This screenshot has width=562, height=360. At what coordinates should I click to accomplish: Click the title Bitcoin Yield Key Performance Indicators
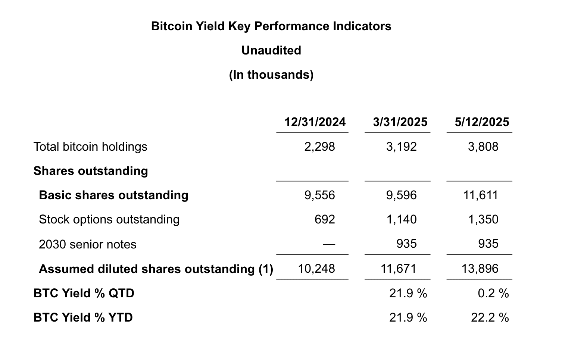point(271,26)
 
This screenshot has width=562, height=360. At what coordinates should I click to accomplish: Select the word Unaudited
point(271,50)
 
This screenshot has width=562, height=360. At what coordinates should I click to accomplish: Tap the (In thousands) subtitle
point(271,75)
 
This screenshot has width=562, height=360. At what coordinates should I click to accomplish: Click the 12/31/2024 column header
point(315,122)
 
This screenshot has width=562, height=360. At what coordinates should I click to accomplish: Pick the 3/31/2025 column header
point(400,122)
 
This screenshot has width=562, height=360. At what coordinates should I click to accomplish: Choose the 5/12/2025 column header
point(482,122)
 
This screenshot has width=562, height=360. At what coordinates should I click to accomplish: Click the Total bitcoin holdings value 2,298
point(319,147)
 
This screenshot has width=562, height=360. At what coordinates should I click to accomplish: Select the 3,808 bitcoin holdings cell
point(483,147)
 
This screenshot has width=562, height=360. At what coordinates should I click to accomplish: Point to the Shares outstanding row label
point(91,171)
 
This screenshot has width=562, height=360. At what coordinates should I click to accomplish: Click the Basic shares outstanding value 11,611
point(481,195)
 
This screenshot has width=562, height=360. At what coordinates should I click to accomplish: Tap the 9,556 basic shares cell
point(319,195)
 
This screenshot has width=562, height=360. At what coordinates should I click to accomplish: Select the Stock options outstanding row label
point(109,219)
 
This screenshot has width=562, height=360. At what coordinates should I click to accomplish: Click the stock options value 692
point(325,219)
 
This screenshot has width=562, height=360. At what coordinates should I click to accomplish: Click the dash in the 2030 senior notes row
point(329,244)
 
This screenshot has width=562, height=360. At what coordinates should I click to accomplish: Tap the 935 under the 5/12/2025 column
point(488,244)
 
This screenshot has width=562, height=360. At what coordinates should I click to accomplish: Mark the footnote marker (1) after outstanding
point(266,269)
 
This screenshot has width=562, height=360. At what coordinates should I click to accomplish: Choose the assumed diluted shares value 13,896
point(480,269)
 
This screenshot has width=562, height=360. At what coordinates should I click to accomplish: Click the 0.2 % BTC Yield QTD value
point(493,293)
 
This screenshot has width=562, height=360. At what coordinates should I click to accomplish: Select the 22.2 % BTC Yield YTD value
point(490,317)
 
